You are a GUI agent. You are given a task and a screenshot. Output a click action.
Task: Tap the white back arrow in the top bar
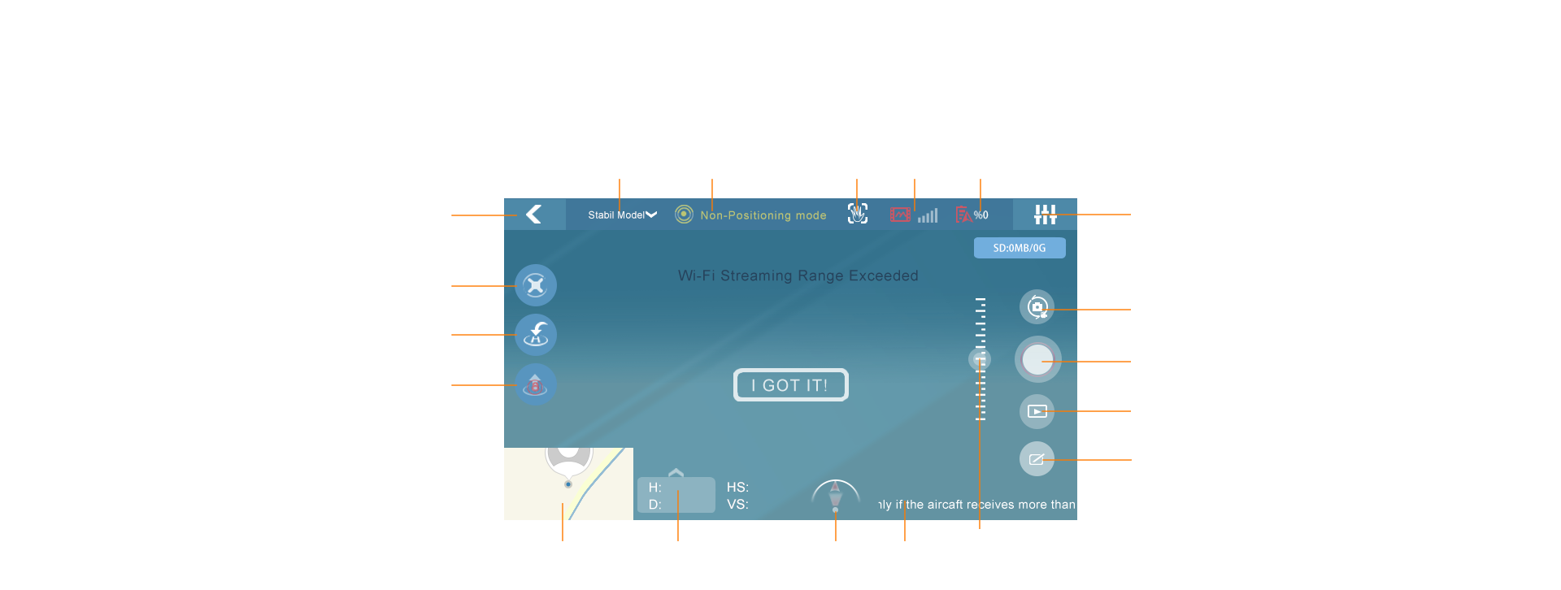(x=534, y=215)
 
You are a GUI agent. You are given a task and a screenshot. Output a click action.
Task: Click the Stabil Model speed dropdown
(x=622, y=215)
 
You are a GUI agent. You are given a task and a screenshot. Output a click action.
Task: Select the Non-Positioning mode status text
(x=763, y=215)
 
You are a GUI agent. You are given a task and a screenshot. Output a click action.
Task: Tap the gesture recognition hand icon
(x=858, y=214)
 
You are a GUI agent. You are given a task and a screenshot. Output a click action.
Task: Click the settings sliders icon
(x=1045, y=215)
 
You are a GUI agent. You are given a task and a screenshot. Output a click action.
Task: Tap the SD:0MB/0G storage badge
(x=1020, y=248)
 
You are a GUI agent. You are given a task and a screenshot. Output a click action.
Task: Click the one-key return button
(x=536, y=335)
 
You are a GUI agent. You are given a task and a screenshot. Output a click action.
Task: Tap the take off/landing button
(x=536, y=384)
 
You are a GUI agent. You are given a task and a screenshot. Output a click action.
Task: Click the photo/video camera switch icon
(x=1037, y=307)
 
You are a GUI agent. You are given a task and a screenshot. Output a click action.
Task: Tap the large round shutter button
(x=1037, y=360)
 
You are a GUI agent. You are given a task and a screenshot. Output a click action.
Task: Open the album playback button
(x=1037, y=411)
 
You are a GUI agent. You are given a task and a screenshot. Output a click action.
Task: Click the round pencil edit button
(x=1037, y=459)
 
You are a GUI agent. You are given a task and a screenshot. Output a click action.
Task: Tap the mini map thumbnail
(x=568, y=484)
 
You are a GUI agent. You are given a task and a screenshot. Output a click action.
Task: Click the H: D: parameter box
(x=676, y=495)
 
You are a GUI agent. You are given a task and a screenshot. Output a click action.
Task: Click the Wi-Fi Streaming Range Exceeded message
(x=798, y=276)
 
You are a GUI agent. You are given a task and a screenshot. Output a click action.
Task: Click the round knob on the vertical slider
(x=980, y=358)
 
